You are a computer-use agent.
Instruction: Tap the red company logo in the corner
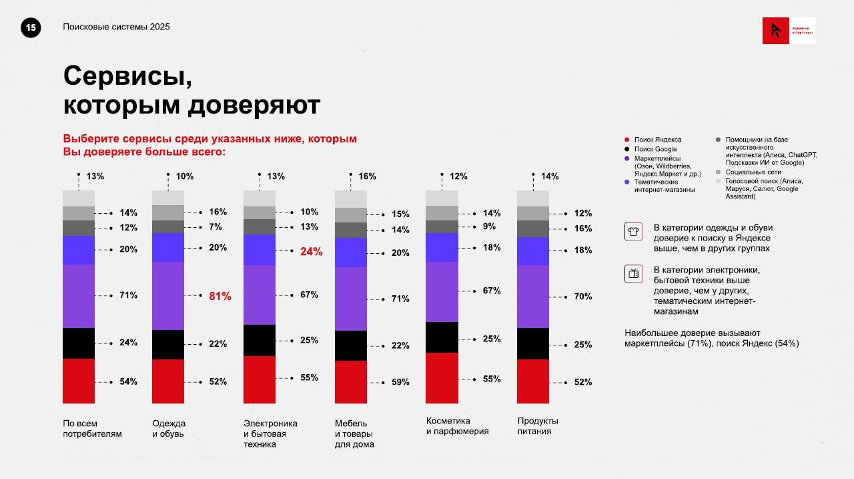click(775, 31)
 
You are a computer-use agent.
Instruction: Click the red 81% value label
click(220, 296)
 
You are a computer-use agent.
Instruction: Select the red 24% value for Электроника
click(312, 252)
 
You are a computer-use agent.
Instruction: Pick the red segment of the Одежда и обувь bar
click(168, 381)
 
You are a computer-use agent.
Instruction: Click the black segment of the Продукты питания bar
click(533, 343)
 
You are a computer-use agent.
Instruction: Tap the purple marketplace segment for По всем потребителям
click(79, 296)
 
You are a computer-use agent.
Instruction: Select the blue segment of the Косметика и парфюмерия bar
click(442, 247)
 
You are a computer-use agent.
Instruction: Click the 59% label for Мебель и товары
click(400, 382)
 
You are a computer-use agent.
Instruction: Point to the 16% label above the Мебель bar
click(367, 176)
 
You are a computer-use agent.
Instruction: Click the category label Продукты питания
click(538, 426)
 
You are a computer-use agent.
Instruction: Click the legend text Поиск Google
click(655, 149)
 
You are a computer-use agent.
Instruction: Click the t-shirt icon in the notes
click(633, 231)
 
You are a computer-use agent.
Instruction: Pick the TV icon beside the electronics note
click(633, 273)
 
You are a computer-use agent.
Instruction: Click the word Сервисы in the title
click(127, 75)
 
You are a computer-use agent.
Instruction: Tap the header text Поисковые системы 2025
click(116, 27)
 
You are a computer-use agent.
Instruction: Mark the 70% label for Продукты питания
click(582, 296)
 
